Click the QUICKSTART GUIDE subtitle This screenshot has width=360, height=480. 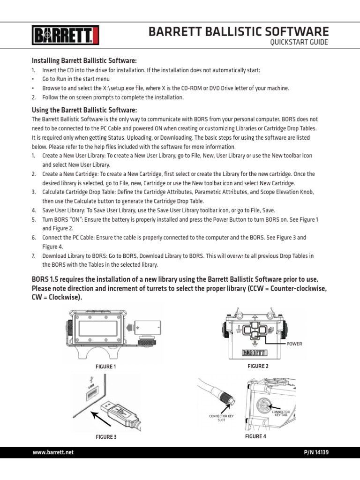tap(299, 43)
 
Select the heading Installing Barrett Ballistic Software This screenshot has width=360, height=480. tap(84, 60)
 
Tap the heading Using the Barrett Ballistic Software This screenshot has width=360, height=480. tap(84, 110)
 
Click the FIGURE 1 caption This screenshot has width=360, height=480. tap(105, 367)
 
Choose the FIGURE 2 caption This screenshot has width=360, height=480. tap(258, 366)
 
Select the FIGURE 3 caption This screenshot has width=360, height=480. tap(106, 437)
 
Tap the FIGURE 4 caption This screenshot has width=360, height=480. tap(255, 436)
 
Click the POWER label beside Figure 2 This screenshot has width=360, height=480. tap(295, 344)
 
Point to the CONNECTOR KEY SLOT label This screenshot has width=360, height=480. tap(221, 418)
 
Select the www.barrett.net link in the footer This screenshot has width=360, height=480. tap(53, 452)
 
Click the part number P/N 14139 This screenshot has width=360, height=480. tap(316, 452)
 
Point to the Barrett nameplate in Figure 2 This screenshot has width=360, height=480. tap(254, 353)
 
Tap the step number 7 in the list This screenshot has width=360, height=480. tap(33, 256)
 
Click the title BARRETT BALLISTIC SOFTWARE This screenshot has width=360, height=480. tap(239, 31)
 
